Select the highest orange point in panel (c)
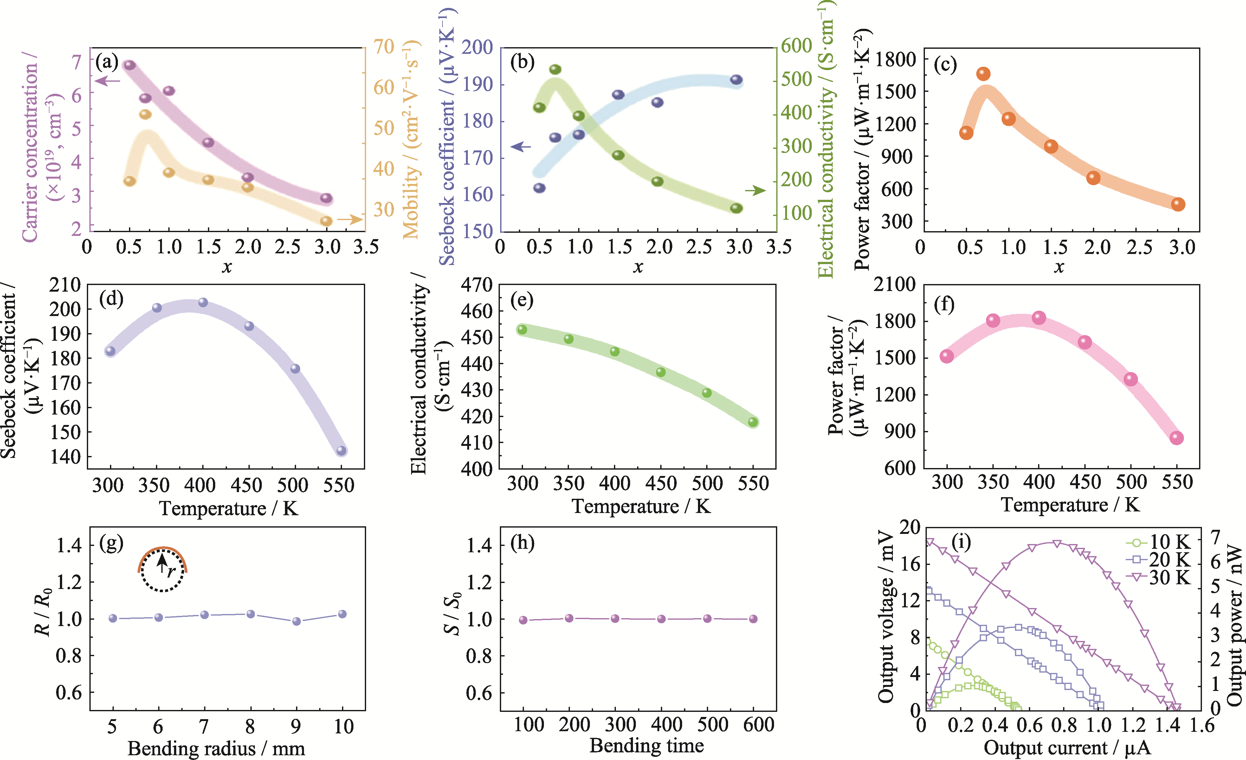[983, 74]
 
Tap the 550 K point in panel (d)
[341, 451]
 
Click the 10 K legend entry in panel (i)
[1158, 542]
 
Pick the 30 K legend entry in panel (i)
[1158, 577]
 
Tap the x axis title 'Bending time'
[646, 745]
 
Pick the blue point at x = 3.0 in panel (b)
[736, 80]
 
